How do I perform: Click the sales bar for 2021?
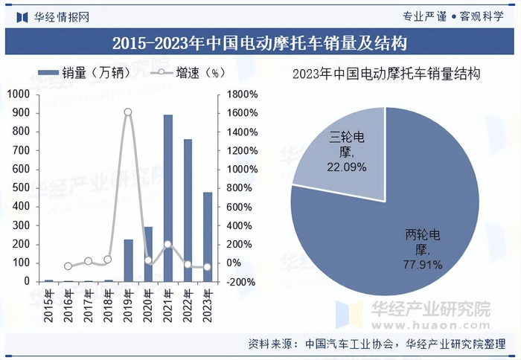[168, 199]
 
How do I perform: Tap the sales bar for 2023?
[208, 237]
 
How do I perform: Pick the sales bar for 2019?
[128, 260]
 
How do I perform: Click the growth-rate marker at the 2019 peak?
[128, 112]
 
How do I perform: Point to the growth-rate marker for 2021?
[167, 244]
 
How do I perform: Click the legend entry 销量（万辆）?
[83, 73]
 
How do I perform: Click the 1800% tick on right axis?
[242, 94]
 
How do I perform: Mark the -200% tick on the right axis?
[242, 282]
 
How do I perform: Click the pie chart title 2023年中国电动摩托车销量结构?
[386, 74]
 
